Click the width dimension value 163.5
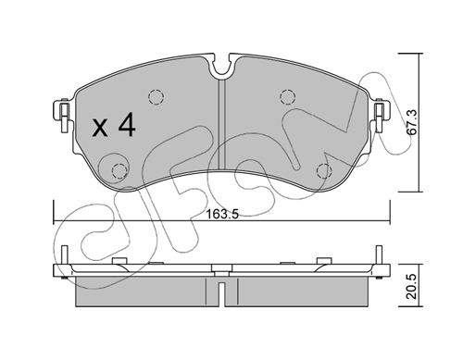pos(222,214)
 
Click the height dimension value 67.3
pos(412,122)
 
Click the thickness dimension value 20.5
pos(412,287)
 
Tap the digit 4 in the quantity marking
pos(127,124)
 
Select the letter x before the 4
pos(100,129)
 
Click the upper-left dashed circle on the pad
pos(156,97)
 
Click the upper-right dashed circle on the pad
pos(288,97)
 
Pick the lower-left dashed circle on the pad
pos(119,171)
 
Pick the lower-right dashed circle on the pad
pos(325,170)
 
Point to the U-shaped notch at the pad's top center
pos(222,71)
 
